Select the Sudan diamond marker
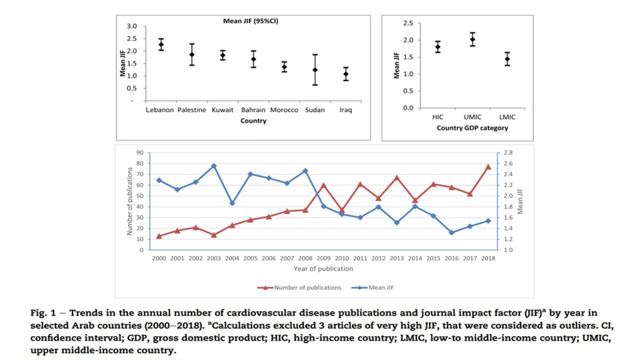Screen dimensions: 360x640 pos(315,70)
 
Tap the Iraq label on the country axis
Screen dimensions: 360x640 pos(346,110)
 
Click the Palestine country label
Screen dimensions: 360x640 pos(191,110)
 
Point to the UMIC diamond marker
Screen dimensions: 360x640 pos(473,39)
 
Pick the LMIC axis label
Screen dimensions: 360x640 pos(507,116)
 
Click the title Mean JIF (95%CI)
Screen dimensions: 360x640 pos(251,21)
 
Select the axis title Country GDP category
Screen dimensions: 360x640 pos(473,128)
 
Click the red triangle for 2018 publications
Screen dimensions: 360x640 pos(488,167)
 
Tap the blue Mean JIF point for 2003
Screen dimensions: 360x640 pos(213,166)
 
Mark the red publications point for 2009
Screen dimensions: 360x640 pos(323,185)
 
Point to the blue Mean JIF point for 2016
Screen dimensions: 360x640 pos(451,233)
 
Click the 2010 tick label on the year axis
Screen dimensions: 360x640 pos(342,258)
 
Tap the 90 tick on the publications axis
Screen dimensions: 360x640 pos(140,153)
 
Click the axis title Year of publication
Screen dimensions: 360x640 pos(323,268)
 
